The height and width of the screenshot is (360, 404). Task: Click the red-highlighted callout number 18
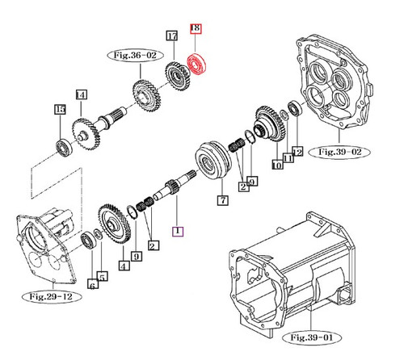click(x=194, y=29)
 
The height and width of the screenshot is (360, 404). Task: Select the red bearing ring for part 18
click(x=196, y=63)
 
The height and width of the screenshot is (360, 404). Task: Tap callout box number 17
click(x=171, y=36)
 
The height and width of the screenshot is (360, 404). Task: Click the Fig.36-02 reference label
click(x=130, y=55)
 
